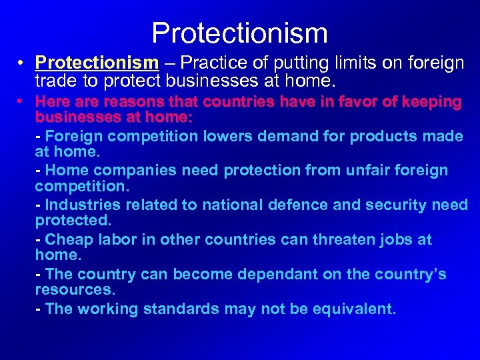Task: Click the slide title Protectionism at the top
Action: [x=239, y=33]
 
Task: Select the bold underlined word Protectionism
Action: [x=97, y=63]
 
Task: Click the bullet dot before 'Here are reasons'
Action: [x=21, y=102]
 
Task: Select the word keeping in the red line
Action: [x=427, y=102]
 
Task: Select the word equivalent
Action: [x=343, y=309]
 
